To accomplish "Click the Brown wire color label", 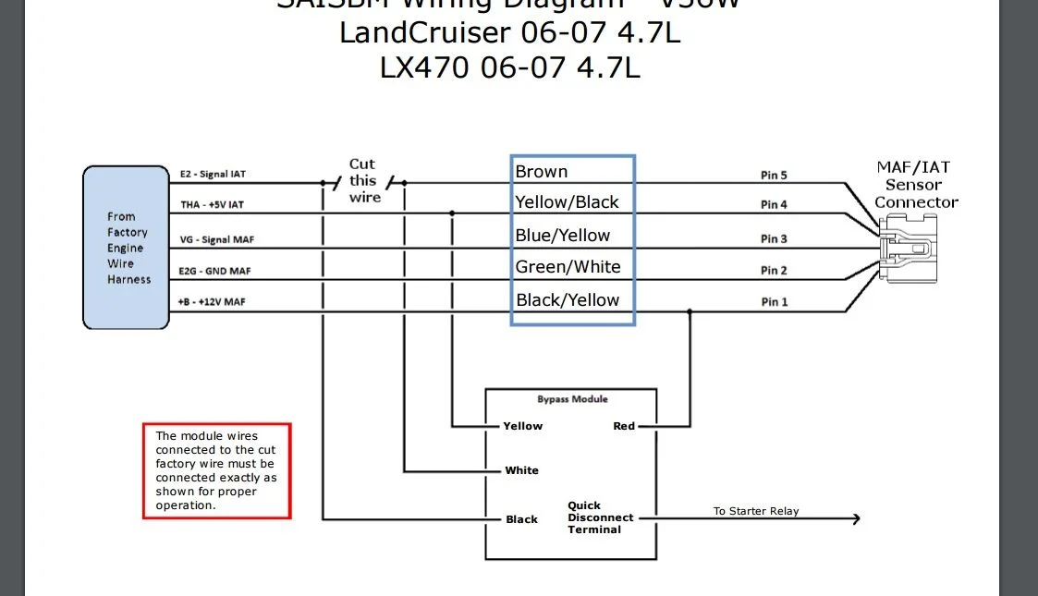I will tap(542, 172).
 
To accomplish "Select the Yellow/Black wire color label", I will tap(567, 202).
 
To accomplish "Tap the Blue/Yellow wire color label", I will tap(563, 236).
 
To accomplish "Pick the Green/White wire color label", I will tap(568, 267).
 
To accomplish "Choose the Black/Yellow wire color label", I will tap(568, 300).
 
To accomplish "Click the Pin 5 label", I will tap(775, 176).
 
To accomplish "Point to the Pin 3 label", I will tap(775, 239).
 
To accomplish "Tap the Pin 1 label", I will tap(775, 302).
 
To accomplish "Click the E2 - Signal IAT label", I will tap(213, 174).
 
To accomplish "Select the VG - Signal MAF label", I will tap(216, 240).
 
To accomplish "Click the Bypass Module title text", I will tap(573, 399).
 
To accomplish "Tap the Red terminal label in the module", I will tap(624, 426).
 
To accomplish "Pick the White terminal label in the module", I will tap(521, 470).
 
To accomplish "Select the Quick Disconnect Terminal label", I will tap(600, 517).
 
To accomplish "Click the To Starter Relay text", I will tap(756, 511).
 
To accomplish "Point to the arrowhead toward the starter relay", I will tap(856, 519).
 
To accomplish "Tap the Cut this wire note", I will tap(363, 180).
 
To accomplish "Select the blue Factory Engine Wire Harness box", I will tap(126, 248).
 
